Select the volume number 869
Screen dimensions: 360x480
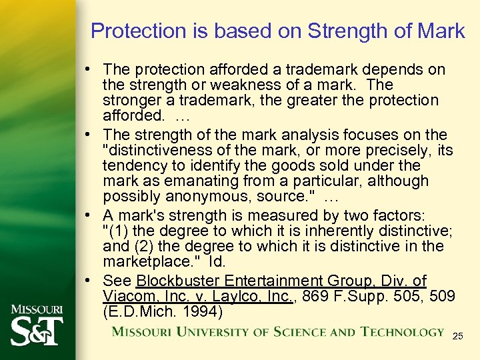pyautogui.click(x=312, y=297)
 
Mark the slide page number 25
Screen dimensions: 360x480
pyautogui.click(x=457, y=336)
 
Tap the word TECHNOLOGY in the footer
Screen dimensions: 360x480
pyautogui.click(x=402, y=332)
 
